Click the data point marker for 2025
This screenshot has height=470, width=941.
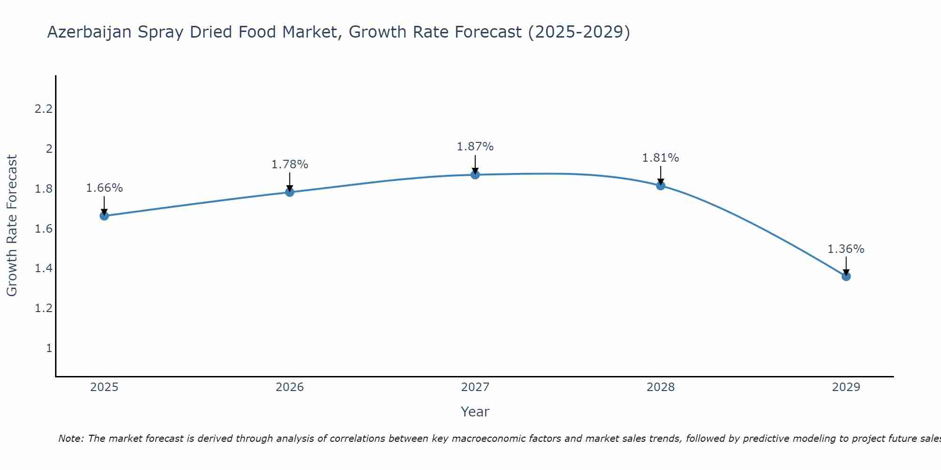click(x=104, y=216)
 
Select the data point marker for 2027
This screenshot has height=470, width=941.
click(x=475, y=175)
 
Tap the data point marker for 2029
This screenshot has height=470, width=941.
click(x=846, y=276)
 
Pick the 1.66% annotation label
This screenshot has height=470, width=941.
click(x=104, y=188)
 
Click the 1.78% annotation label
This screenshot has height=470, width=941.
click(x=290, y=164)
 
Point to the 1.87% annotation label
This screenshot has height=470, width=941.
click(x=475, y=147)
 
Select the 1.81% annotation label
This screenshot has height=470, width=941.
click(x=661, y=158)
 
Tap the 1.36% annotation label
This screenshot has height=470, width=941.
click(x=846, y=249)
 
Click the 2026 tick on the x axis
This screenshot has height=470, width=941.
click(x=290, y=387)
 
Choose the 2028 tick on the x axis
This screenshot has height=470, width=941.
click(x=661, y=387)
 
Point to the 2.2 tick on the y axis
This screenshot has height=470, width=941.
click(x=43, y=109)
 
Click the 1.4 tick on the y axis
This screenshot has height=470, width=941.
click(x=43, y=268)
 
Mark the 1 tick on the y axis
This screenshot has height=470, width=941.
click(x=49, y=348)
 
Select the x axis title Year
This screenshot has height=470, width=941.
click(x=475, y=412)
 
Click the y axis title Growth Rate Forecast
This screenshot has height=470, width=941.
click(x=12, y=226)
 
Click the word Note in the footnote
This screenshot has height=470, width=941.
click(x=71, y=439)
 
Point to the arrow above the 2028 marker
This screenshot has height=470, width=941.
click(x=661, y=175)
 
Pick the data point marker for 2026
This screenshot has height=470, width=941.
click(x=290, y=192)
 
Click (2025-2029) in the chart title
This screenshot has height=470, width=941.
click(x=579, y=32)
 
